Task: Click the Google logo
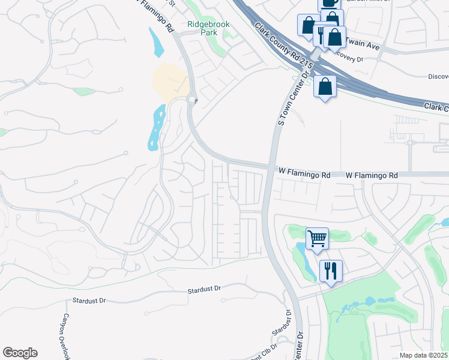19,353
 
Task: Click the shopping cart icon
317,238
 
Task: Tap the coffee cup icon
328,3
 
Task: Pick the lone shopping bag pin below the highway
325,86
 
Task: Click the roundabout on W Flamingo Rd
192,100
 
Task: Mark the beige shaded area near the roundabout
171,83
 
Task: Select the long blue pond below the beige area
155,127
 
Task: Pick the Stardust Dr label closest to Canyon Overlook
89,300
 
